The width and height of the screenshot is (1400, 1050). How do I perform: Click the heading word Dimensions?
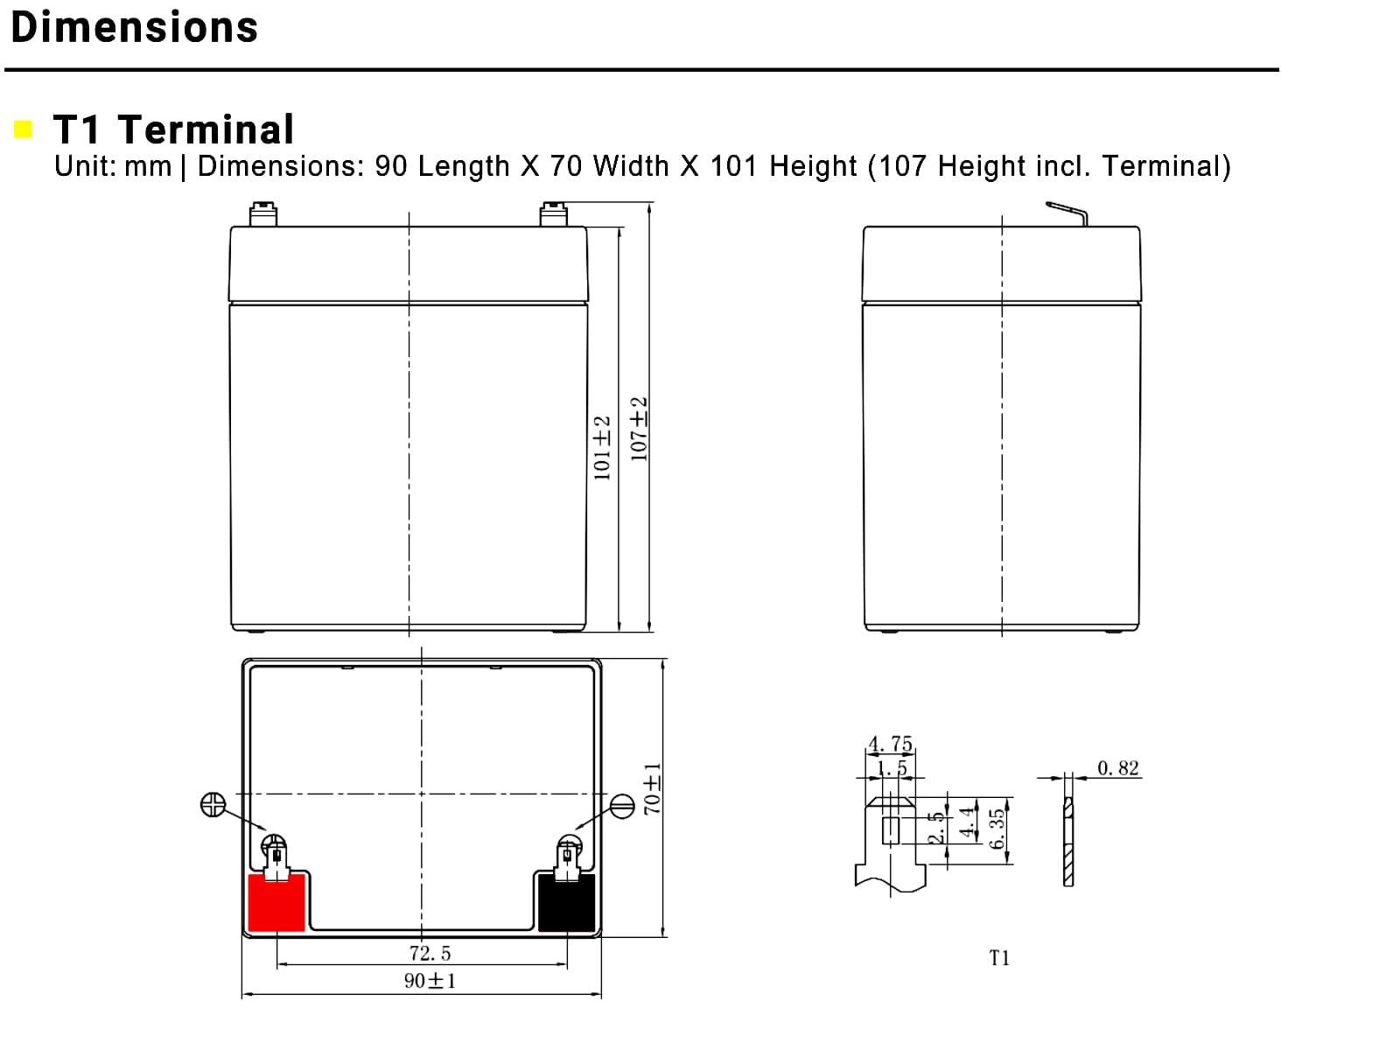[134, 27]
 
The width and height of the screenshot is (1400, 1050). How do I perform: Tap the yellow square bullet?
[23, 129]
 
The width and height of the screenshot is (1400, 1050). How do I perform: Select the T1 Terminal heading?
[173, 129]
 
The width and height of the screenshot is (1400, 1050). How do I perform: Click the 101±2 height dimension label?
[601, 447]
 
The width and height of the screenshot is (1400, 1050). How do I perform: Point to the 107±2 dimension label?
[639, 429]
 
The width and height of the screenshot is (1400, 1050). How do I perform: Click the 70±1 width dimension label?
[652, 788]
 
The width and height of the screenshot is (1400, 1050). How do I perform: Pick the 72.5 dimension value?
[430, 953]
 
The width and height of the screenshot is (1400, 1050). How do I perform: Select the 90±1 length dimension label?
[430, 981]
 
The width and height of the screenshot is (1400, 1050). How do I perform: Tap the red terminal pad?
[276, 903]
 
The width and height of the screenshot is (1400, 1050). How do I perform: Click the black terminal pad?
[566, 903]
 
